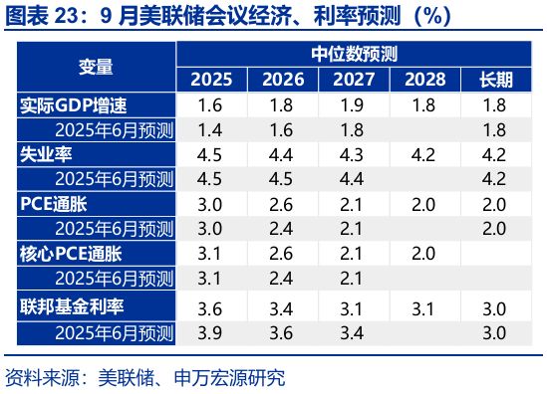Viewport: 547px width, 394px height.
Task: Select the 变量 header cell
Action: (96, 67)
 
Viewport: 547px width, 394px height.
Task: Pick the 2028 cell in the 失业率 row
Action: (424, 154)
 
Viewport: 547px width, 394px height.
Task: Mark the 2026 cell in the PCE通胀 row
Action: (282, 203)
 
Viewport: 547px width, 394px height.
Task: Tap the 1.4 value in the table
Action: (210, 129)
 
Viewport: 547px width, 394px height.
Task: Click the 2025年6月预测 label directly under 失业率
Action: (115, 178)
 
